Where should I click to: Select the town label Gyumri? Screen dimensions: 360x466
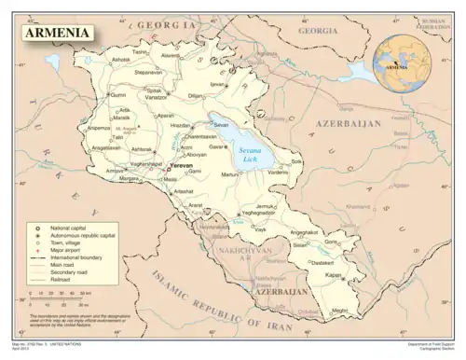[117, 95]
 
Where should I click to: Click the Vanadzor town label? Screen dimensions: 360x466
[156, 96]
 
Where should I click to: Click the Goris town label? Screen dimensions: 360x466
[331, 242]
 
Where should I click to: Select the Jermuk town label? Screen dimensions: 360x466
[267, 206]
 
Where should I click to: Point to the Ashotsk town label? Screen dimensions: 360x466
[121, 60]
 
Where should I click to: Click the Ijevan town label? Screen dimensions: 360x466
[218, 83]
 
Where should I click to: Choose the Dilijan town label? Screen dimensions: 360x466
[195, 95]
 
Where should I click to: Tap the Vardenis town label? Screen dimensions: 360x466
[279, 172]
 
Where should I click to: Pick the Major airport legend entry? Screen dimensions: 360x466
[65, 251]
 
